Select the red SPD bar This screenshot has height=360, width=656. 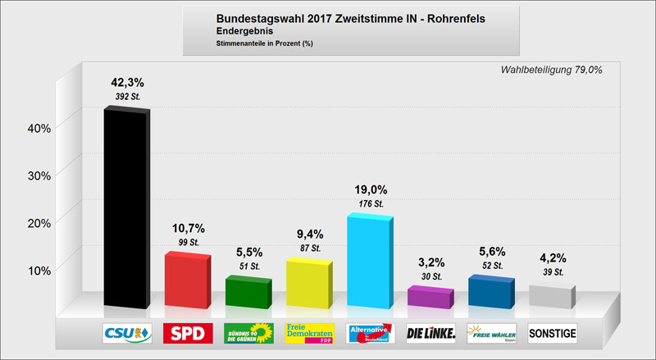pos(188,280)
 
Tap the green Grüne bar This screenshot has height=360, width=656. pos(248,292)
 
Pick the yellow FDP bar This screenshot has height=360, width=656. pos(308,284)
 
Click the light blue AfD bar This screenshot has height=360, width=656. pos(369,262)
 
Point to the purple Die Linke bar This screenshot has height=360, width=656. pos(430,297)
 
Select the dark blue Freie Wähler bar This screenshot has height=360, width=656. pos(490,293)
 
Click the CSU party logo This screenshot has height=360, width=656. pos(127,333)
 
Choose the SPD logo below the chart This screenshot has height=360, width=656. pos(188,333)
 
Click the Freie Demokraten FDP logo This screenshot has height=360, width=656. pos(308,333)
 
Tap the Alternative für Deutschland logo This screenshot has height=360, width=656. pos(369,333)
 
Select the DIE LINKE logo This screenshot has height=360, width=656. pos(430,333)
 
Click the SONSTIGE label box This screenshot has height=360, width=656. pos(552,333)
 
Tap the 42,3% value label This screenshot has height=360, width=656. pos(127,82)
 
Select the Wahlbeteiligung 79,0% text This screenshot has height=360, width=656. pos(551,70)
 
